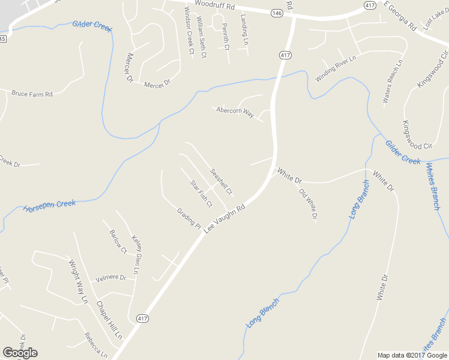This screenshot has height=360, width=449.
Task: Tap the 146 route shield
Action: click(x=276, y=13)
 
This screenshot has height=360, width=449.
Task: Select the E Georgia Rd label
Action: click(x=400, y=16)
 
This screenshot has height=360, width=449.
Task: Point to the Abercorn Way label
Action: click(x=235, y=112)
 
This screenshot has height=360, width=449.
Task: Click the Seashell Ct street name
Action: click(x=221, y=181)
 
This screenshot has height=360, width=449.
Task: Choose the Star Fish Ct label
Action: click(x=201, y=193)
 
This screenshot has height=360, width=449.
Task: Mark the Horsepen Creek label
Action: click(x=49, y=206)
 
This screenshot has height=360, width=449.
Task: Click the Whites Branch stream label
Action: click(x=433, y=186)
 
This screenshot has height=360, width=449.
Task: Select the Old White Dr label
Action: click(x=307, y=205)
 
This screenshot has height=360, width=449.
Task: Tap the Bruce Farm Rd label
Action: click(x=32, y=94)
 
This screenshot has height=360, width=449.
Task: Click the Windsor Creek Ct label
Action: click(x=189, y=31)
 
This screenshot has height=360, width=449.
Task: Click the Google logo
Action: click(x=20, y=353)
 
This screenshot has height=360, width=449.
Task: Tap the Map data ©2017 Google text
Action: click(x=413, y=355)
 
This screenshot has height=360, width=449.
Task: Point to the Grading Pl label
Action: click(x=188, y=218)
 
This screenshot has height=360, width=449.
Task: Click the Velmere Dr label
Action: click(x=111, y=278)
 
